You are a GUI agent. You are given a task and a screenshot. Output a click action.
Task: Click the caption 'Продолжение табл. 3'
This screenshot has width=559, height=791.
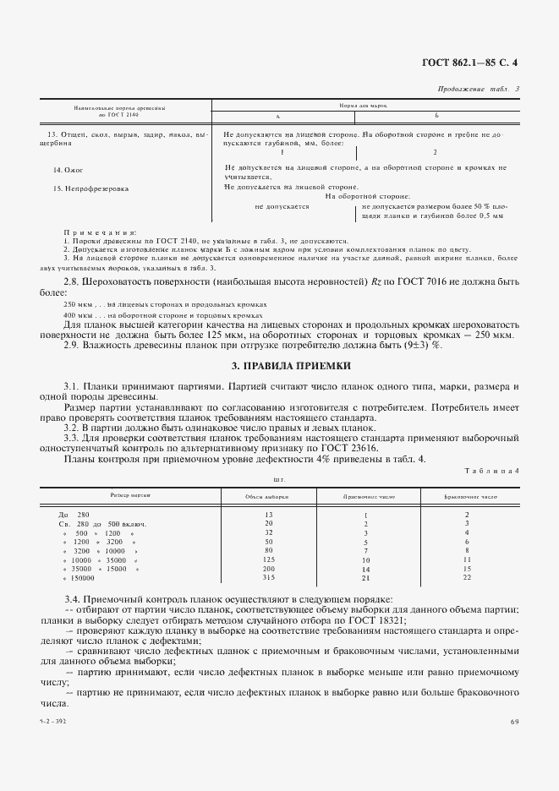pos(479,89)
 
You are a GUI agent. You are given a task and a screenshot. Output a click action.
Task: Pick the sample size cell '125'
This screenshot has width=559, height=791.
pos(269,559)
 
